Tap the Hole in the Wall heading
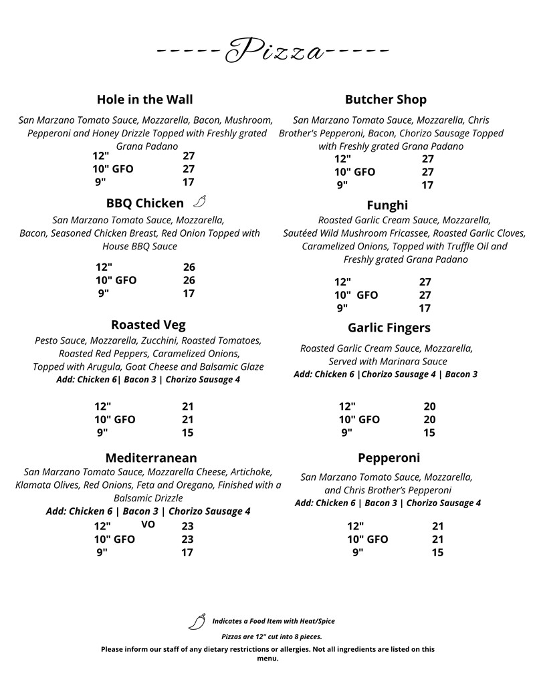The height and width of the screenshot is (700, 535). pyautogui.click(x=144, y=100)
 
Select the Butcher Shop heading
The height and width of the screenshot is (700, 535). pyautogui.click(x=385, y=100)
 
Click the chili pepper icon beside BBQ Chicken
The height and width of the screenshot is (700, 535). pyautogui.click(x=199, y=202)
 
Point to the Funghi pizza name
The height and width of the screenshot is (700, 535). pyautogui.click(x=387, y=205)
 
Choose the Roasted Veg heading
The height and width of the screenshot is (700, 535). pyautogui.click(x=148, y=325)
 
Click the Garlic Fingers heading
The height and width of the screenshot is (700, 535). pyautogui.click(x=389, y=328)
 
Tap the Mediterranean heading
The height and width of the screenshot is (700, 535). pyautogui.click(x=151, y=458)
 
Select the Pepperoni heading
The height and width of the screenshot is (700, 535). pyautogui.click(x=389, y=458)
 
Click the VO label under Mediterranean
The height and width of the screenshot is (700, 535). pyautogui.click(x=148, y=525)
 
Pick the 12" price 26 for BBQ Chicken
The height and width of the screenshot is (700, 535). pyautogui.click(x=189, y=267)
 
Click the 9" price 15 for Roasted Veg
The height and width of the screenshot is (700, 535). pyautogui.click(x=187, y=433)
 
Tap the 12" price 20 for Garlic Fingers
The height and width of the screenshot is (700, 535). pyautogui.click(x=429, y=406)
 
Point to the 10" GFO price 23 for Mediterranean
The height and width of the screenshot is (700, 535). pyautogui.click(x=187, y=540)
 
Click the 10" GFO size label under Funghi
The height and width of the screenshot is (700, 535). pyautogui.click(x=356, y=295)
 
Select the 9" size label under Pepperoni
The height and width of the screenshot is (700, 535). pyautogui.click(x=358, y=552)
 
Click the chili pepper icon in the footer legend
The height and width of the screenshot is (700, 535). pyautogui.click(x=197, y=622)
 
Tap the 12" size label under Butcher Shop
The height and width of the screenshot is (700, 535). pyautogui.click(x=342, y=159)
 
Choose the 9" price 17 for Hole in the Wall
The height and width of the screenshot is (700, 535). pyautogui.click(x=189, y=182)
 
